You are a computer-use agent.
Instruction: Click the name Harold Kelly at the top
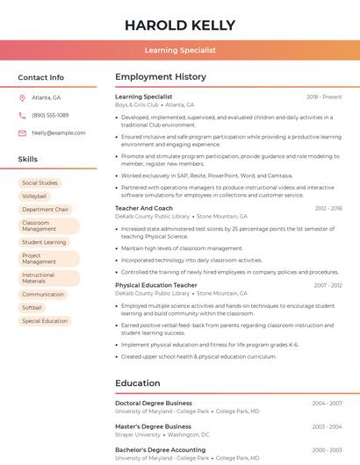click(x=180, y=25)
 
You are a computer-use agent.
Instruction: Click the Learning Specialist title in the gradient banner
click(x=180, y=51)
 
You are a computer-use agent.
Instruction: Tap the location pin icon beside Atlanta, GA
click(x=22, y=98)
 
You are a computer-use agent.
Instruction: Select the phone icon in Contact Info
click(x=22, y=116)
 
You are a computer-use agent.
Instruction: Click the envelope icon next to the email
click(x=22, y=133)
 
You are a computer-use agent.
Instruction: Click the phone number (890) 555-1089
click(x=50, y=116)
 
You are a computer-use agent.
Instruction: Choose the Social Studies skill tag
click(x=40, y=183)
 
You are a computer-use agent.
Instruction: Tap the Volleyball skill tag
click(x=35, y=197)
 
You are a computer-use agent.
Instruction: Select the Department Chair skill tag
click(x=45, y=210)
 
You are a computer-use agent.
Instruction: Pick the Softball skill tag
click(x=32, y=308)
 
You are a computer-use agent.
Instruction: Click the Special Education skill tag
click(x=45, y=321)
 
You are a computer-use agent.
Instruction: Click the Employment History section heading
click(x=161, y=77)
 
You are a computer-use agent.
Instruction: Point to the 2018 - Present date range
click(x=324, y=97)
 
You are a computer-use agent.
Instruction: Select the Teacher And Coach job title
click(x=144, y=209)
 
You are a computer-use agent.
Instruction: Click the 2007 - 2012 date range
click(x=328, y=285)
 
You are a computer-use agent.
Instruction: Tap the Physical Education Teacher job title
click(x=156, y=285)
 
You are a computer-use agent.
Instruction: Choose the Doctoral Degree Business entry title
click(x=154, y=404)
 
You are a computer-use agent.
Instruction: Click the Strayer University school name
click(x=138, y=434)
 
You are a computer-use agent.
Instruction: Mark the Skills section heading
click(x=28, y=160)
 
